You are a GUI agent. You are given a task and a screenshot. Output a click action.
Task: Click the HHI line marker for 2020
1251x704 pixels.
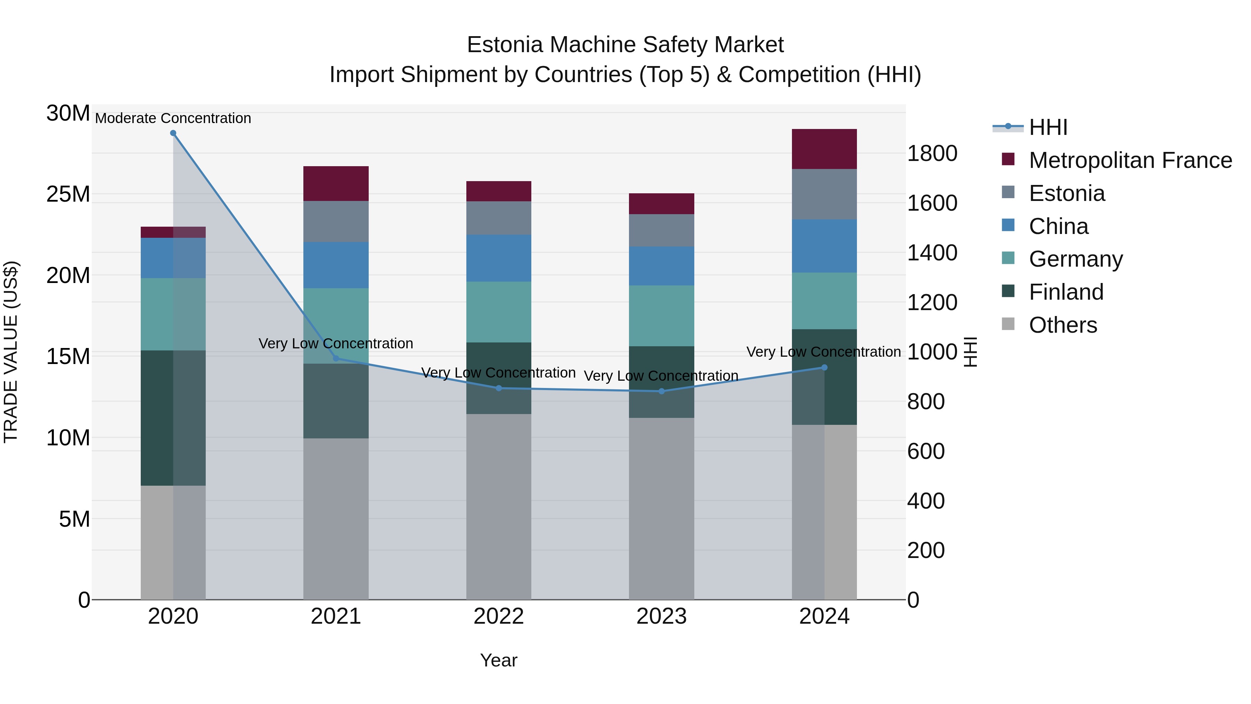click(173, 133)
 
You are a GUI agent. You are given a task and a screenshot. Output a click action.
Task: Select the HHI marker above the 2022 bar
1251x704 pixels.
click(499, 388)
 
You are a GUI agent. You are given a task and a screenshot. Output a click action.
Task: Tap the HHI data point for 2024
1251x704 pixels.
click(824, 367)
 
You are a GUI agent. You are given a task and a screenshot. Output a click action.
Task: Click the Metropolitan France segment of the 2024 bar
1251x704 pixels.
click(824, 149)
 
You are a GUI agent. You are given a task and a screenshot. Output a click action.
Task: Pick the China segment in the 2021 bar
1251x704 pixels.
click(336, 265)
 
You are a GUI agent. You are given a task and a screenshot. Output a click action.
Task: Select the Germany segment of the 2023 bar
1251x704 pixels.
click(661, 315)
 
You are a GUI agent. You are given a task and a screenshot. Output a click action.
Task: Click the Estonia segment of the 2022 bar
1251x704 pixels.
click(499, 218)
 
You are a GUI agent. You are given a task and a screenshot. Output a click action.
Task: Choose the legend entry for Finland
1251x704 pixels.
click(1066, 292)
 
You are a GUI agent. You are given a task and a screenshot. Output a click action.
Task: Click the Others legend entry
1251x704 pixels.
click(1063, 325)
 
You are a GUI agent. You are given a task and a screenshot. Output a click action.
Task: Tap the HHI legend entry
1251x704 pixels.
click(1048, 127)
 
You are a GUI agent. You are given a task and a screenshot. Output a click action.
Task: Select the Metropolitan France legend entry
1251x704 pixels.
click(1130, 160)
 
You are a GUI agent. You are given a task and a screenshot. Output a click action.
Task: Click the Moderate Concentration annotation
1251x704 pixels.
click(173, 118)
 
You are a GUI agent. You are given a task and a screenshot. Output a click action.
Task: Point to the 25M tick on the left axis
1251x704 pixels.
click(68, 194)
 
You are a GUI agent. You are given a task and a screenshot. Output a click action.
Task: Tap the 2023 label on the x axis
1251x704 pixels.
click(661, 616)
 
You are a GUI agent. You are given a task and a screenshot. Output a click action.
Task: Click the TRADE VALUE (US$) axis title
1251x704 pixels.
click(11, 352)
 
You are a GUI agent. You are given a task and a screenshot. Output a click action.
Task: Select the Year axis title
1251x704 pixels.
click(499, 660)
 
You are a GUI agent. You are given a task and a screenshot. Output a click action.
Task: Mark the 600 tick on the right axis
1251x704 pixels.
click(926, 451)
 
